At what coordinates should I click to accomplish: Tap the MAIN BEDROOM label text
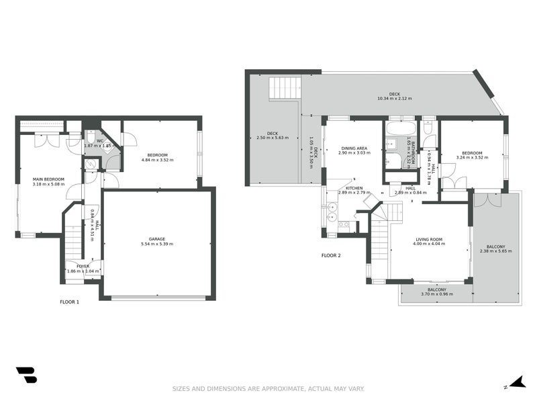coord(48,179)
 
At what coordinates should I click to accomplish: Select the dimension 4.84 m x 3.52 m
coord(158,160)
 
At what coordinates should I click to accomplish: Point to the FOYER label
coord(83,266)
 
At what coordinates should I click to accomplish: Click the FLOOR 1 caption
coord(69,302)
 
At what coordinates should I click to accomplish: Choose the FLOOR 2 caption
coord(331,255)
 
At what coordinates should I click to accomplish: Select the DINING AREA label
coord(353,148)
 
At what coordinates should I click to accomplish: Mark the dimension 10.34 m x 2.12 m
coord(395,99)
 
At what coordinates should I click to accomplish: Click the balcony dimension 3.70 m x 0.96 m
coord(437,294)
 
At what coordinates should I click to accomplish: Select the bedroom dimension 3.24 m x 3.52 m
coord(472,156)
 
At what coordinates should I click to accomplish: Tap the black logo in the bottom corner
coord(26,375)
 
